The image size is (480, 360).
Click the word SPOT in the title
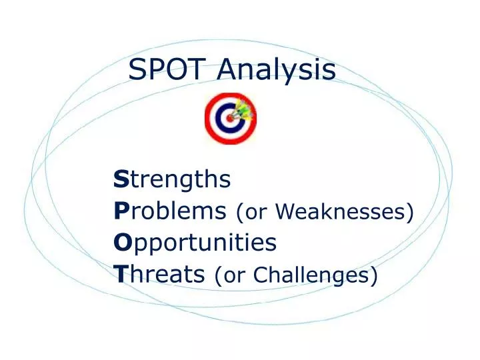point(168,69)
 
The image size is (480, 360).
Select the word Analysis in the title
point(276,70)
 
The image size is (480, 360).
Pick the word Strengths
point(172,179)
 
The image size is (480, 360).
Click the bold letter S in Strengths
point(121,179)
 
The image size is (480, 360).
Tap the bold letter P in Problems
point(121,211)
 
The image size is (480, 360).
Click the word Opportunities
point(195,243)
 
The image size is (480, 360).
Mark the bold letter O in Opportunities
point(121,243)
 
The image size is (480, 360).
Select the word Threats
point(159,273)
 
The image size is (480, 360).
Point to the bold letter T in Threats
point(120,273)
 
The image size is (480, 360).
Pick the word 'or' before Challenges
point(233,275)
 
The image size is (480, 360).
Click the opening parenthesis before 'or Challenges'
point(219,275)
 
